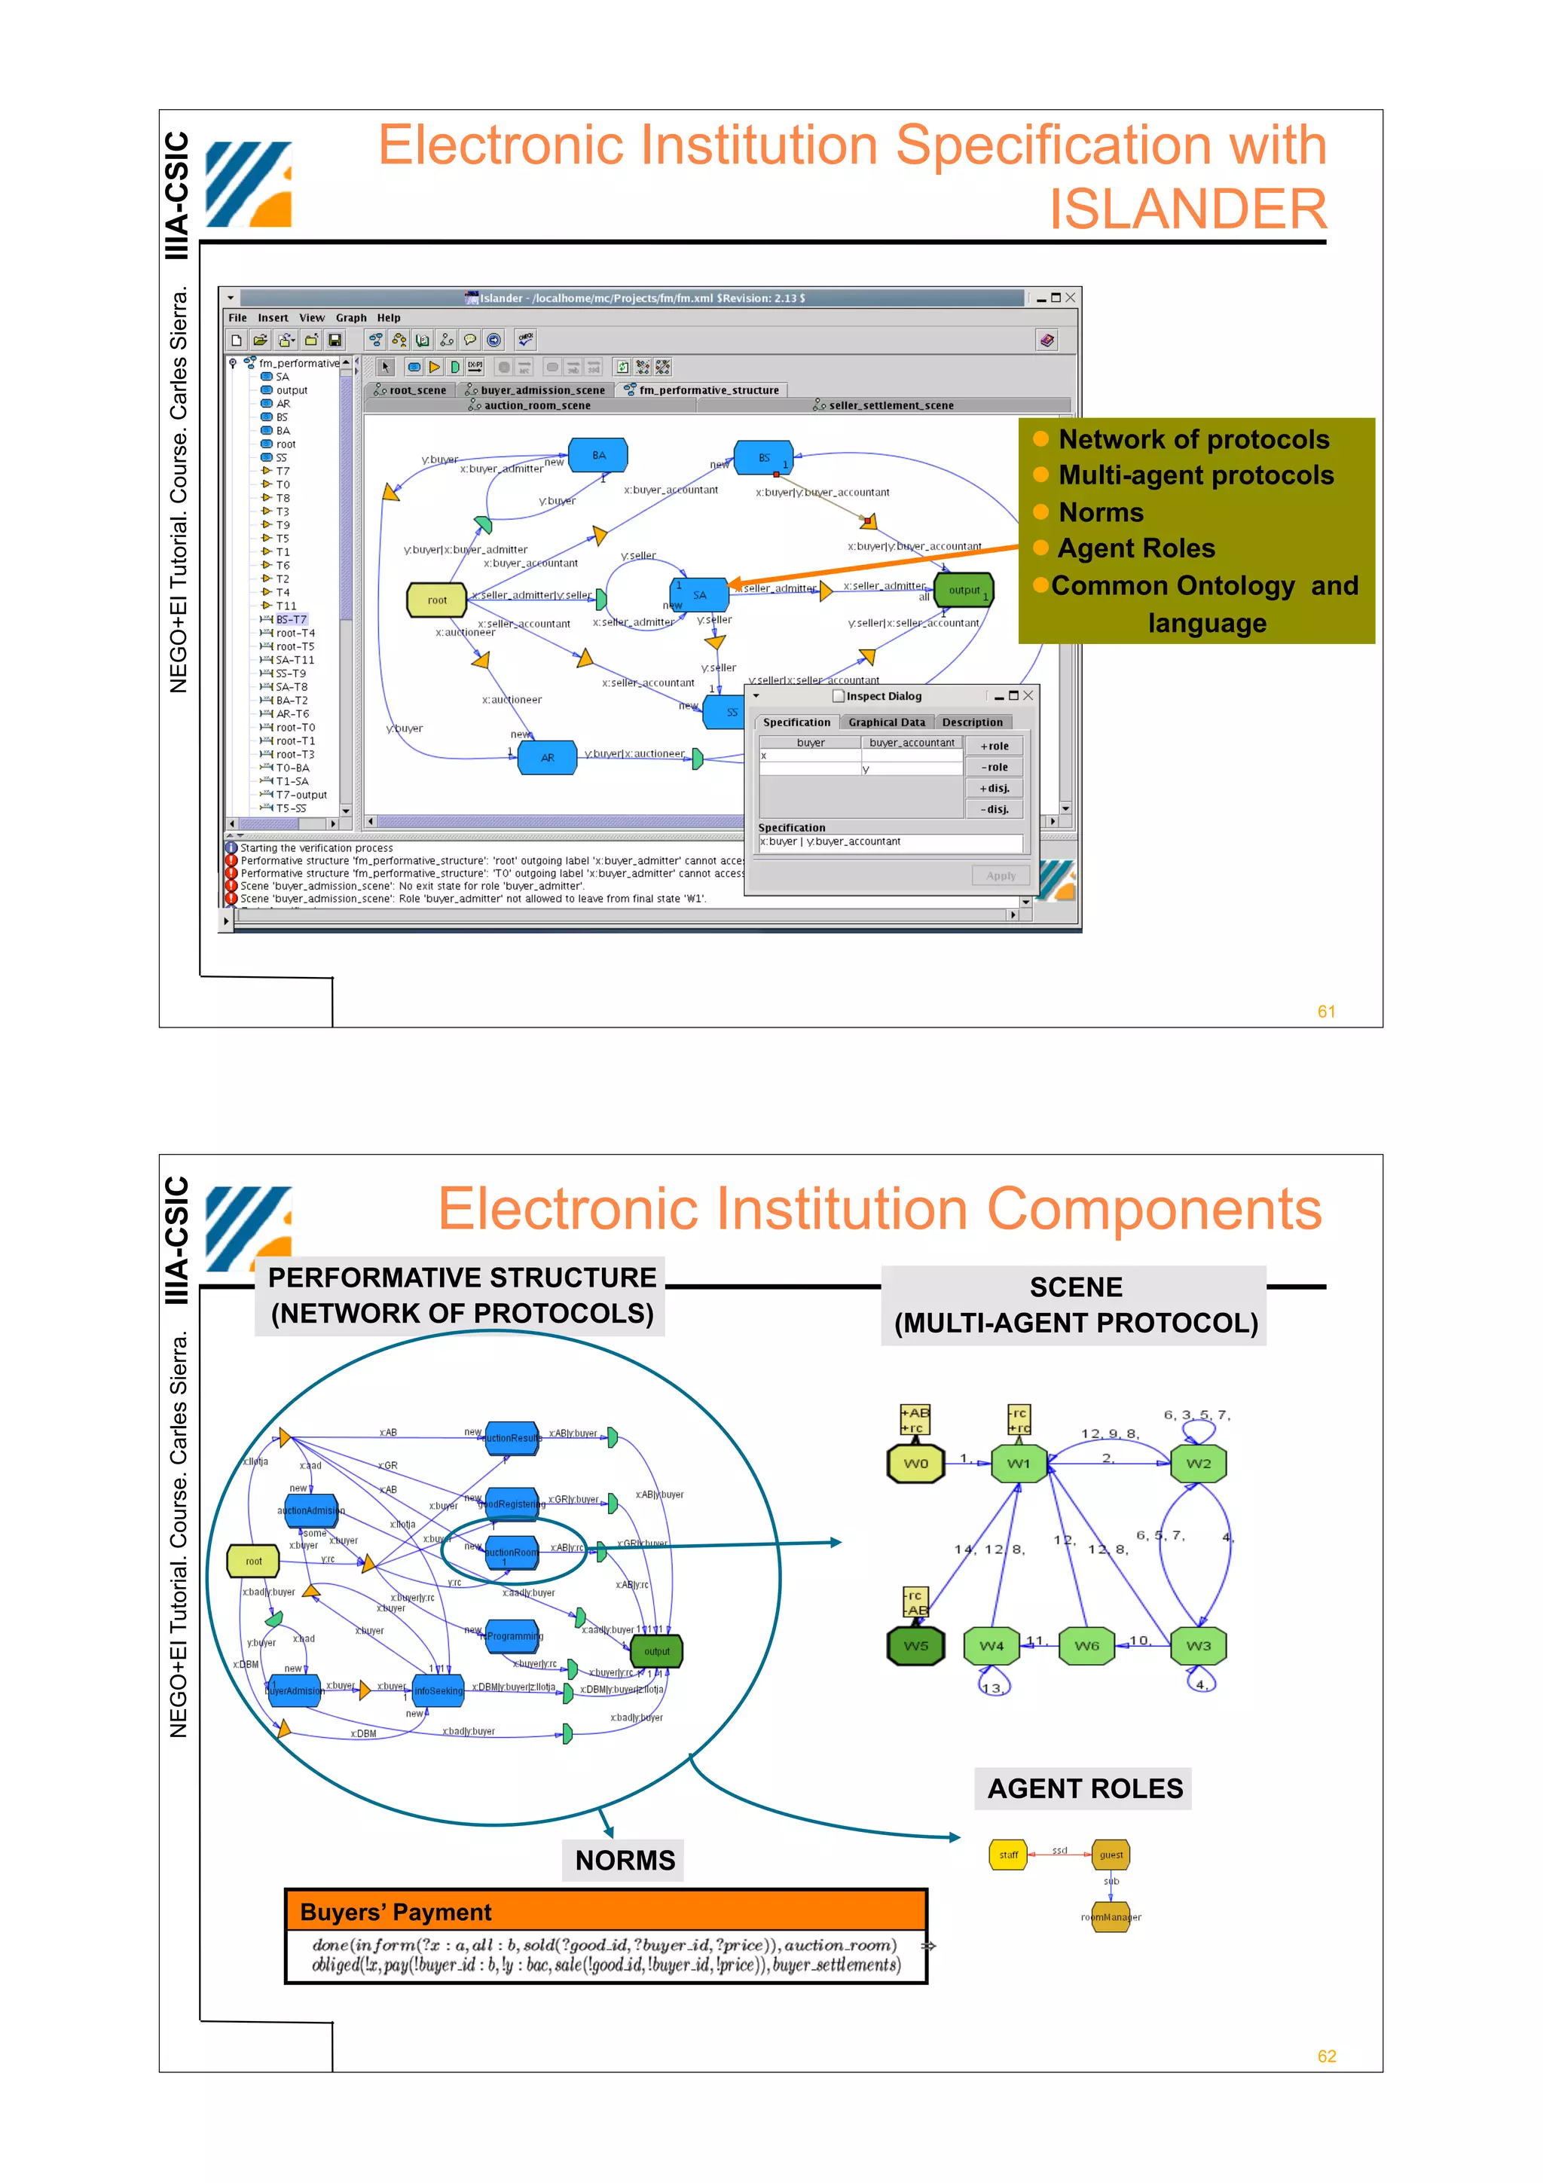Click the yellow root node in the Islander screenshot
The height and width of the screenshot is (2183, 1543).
436,600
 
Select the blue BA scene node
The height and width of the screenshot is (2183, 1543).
598,456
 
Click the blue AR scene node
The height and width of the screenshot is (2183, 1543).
547,758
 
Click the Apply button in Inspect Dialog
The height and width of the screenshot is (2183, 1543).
1000,875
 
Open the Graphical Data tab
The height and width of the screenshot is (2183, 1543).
886,722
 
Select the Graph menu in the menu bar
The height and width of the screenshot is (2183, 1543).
351,318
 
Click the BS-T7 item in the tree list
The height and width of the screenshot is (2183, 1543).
291,619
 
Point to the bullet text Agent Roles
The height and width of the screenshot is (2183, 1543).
1136,548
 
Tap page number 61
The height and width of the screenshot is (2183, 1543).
1326,1012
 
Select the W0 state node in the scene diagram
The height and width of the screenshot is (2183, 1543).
915,1464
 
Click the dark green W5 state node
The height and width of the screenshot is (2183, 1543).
915,1646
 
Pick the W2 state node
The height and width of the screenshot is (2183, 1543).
1198,1464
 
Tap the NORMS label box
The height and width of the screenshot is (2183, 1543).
625,1860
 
